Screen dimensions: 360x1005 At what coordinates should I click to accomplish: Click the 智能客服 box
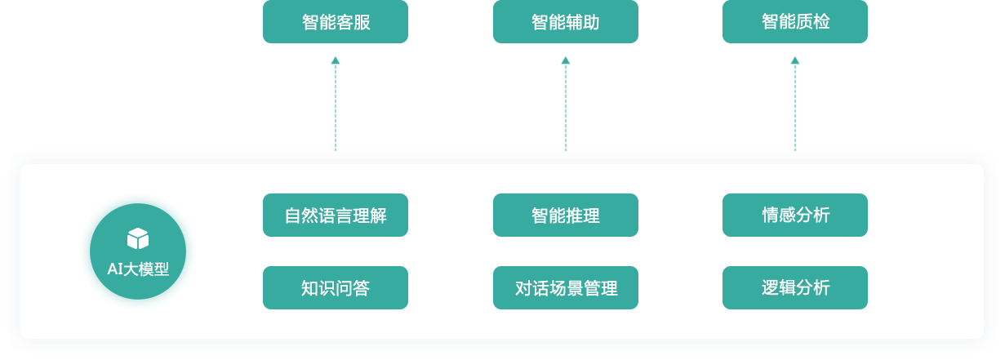[x=335, y=22]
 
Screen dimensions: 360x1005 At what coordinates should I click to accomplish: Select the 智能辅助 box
[x=565, y=22]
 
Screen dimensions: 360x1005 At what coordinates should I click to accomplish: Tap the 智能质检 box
[x=794, y=22]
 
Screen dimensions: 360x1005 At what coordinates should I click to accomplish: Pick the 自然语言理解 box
[x=335, y=216]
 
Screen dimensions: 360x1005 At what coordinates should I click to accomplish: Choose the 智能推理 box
[x=565, y=216]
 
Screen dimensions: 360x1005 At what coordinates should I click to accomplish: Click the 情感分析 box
[x=794, y=216]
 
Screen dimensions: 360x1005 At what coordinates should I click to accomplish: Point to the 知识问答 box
[x=335, y=288]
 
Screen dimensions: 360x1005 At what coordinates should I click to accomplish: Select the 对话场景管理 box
[x=565, y=288]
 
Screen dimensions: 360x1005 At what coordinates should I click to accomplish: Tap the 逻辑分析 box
[x=794, y=288]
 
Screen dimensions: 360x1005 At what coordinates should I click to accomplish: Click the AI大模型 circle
[x=138, y=251]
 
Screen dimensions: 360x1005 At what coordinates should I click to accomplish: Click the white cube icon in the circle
[x=138, y=238]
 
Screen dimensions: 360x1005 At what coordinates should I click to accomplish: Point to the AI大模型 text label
[x=138, y=269]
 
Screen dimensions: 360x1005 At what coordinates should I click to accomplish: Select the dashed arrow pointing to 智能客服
[x=336, y=106]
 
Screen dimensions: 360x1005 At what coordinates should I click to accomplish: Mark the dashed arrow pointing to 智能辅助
[x=566, y=106]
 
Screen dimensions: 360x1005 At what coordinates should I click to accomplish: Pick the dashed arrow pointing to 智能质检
[x=795, y=106]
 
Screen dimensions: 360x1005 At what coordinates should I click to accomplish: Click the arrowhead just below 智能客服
[x=336, y=60]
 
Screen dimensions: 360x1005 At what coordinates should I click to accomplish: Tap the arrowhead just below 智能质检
[x=795, y=60]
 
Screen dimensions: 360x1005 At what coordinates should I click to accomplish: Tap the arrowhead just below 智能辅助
[x=566, y=60]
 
